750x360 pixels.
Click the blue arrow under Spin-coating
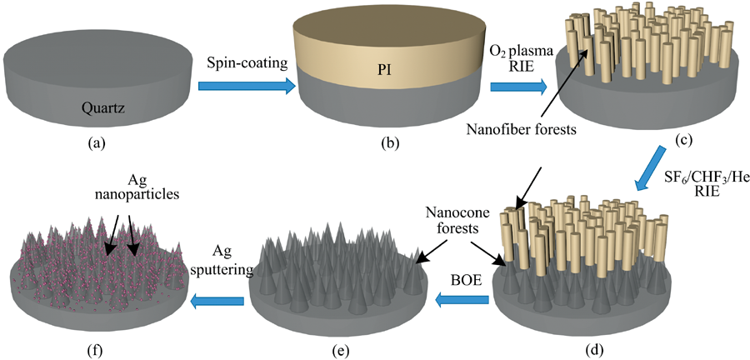pos(247,84)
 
